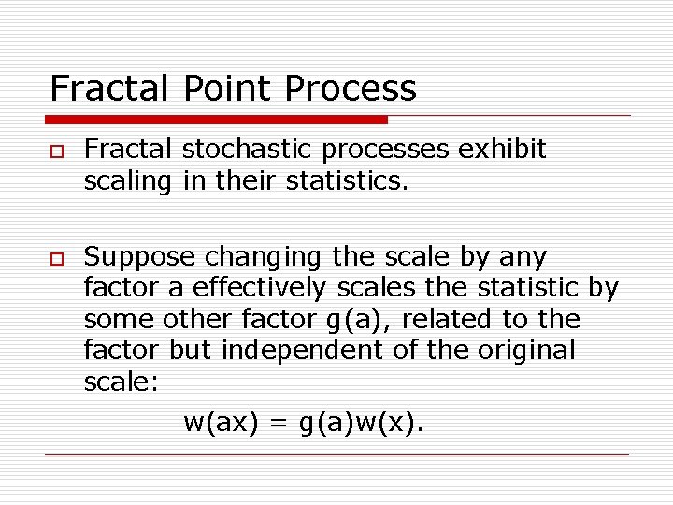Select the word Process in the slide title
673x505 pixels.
click(351, 89)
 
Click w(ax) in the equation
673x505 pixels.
click(221, 423)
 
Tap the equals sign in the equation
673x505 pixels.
click(279, 424)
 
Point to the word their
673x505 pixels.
click(242, 181)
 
